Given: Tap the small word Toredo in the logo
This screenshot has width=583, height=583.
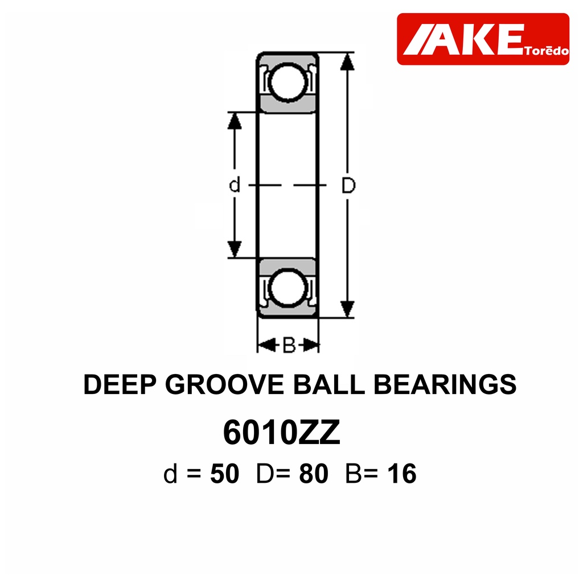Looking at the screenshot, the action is [547, 51].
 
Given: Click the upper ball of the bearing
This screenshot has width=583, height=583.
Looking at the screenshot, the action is [288, 82].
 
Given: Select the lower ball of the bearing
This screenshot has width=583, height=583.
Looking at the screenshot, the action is [288, 288].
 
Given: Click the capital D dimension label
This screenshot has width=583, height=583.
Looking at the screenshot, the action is [348, 185].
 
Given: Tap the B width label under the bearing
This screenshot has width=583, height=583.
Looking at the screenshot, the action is [289, 346].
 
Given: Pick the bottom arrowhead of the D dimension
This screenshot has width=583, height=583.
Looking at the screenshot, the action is [347, 309].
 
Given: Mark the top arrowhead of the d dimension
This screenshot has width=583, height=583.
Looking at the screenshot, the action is [234, 121].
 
